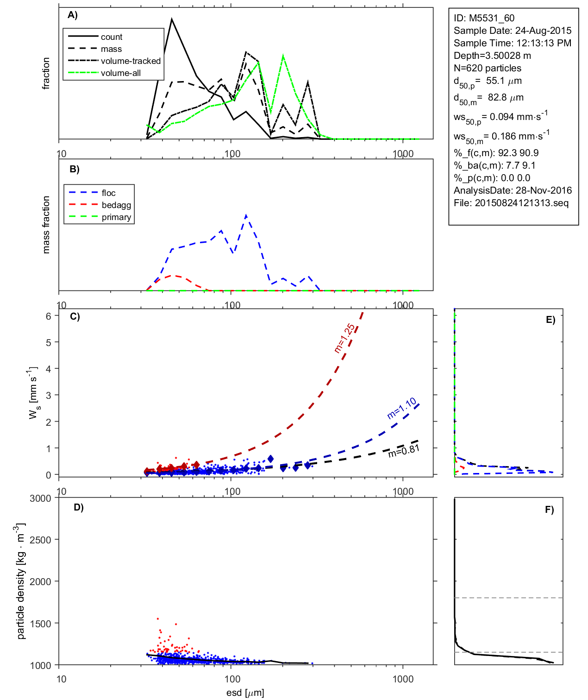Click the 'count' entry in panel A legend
click(112, 37)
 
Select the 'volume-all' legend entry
click(120, 73)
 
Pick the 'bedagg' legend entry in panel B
click(116, 205)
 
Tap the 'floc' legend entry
click(108, 193)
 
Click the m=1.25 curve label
click(345, 338)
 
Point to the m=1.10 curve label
click(402, 408)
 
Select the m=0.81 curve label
click(404, 451)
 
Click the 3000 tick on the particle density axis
click(41, 498)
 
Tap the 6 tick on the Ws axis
click(48, 316)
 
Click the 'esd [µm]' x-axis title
click(245, 693)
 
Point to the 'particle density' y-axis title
click(20, 581)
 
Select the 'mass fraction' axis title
click(46, 225)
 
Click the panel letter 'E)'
click(550, 320)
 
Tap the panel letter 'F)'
click(549, 510)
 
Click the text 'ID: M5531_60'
click(484, 18)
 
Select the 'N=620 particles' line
click(487, 68)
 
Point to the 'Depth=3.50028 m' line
click(492, 56)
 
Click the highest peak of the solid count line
click(172, 19)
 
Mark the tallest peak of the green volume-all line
click(283, 56)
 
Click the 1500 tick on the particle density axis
click(41, 624)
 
